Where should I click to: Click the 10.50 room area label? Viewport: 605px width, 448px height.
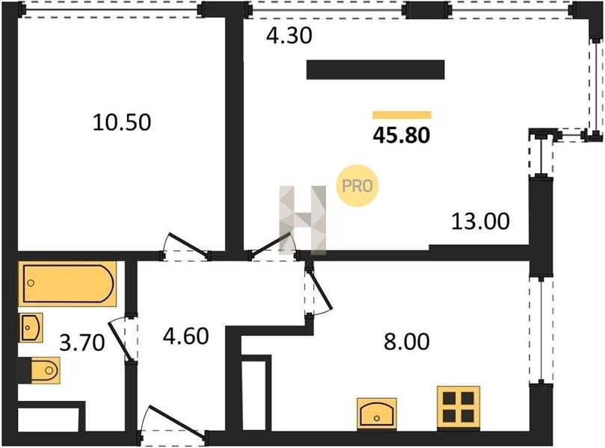pyautogui.click(x=122, y=122)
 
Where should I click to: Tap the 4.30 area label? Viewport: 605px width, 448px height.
pyautogui.click(x=289, y=36)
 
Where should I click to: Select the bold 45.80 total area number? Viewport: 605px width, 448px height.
pyautogui.click(x=402, y=136)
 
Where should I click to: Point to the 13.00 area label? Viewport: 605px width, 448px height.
pyautogui.click(x=480, y=221)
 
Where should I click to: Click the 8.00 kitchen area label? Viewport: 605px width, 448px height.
pyautogui.click(x=406, y=341)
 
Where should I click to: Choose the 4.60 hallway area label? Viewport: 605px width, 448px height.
pyautogui.click(x=186, y=335)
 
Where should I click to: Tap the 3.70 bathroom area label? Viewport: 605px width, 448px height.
pyautogui.click(x=82, y=343)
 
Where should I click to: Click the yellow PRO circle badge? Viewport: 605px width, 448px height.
pyautogui.click(x=357, y=186)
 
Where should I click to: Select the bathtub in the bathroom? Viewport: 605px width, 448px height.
pyautogui.click(x=67, y=284)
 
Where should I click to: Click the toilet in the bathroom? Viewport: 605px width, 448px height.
pyautogui.click(x=45, y=370)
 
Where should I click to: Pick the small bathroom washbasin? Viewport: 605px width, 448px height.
pyautogui.click(x=31, y=328)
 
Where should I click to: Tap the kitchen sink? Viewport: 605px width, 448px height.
pyautogui.click(x=377, y=414)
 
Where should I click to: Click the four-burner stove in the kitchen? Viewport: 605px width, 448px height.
pyautogui.click(x=458, y=408)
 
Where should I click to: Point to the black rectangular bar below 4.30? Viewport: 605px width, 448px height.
pyautogui.click(x=375, y=69)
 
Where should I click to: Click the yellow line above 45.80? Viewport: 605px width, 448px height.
pyautogui.click(x=402, y=115)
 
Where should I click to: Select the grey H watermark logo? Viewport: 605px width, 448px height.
pyautogui.click(x=303, y=220)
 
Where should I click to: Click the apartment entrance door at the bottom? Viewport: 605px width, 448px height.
pyautogui.click(x=173, y=423)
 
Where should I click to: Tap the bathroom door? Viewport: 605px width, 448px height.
pyautogui.click(x=123, y=340)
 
